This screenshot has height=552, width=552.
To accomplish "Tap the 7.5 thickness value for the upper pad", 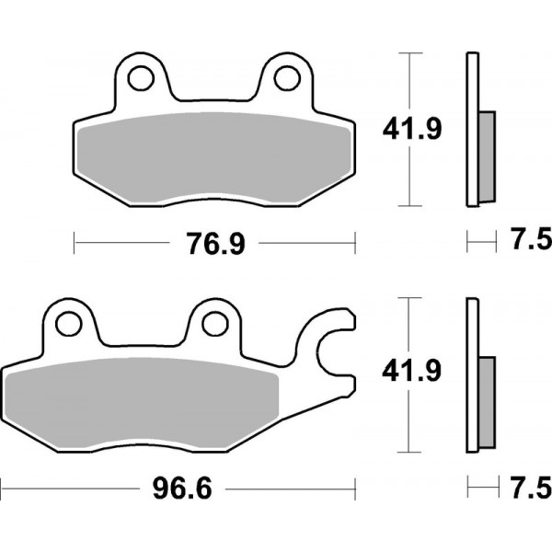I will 528,242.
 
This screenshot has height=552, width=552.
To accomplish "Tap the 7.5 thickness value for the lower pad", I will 528,485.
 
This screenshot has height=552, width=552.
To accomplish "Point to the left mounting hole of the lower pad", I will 68,323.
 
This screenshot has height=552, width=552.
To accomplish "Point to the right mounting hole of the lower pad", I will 213,323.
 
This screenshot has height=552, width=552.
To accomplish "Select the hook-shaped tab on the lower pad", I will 336,350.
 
